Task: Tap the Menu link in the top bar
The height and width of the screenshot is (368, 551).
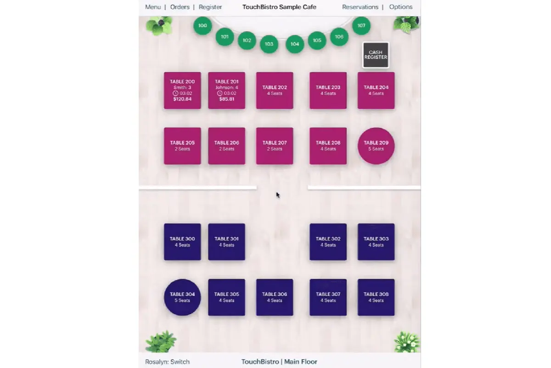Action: pos(153,7)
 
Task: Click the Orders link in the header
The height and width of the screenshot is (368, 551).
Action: pos(180,7)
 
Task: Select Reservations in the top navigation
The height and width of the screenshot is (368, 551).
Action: pos(360,7)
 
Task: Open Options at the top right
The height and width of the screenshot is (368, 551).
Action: pos(401,7)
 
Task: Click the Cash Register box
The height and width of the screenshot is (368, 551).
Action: pos(376,55)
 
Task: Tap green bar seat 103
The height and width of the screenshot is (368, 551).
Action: pos(269,44)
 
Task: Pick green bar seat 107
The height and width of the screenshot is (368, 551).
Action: pos(361,26)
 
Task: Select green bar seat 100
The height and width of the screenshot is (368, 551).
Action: pos(202,26)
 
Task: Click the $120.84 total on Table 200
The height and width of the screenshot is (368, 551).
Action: pos(182,99)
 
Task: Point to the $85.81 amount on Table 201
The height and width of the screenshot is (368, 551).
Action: pos(226,99)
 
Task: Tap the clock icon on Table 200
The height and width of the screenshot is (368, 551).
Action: pos(175,93)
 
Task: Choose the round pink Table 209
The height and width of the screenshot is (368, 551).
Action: pos(376,146)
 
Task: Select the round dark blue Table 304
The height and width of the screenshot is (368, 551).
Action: pos(182,297)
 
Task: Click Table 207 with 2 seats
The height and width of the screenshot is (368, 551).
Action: pos(275,146)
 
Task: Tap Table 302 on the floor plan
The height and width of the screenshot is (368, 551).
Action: pos(328,242)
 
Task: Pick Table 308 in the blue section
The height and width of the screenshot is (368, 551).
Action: pos(376,297)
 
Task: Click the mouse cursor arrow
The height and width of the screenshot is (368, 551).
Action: pos(278,195)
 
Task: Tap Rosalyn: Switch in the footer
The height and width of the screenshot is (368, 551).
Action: pos(167,362)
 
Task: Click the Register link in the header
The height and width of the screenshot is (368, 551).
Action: pos(210,7)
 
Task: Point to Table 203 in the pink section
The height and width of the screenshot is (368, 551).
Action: pos(328,91)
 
